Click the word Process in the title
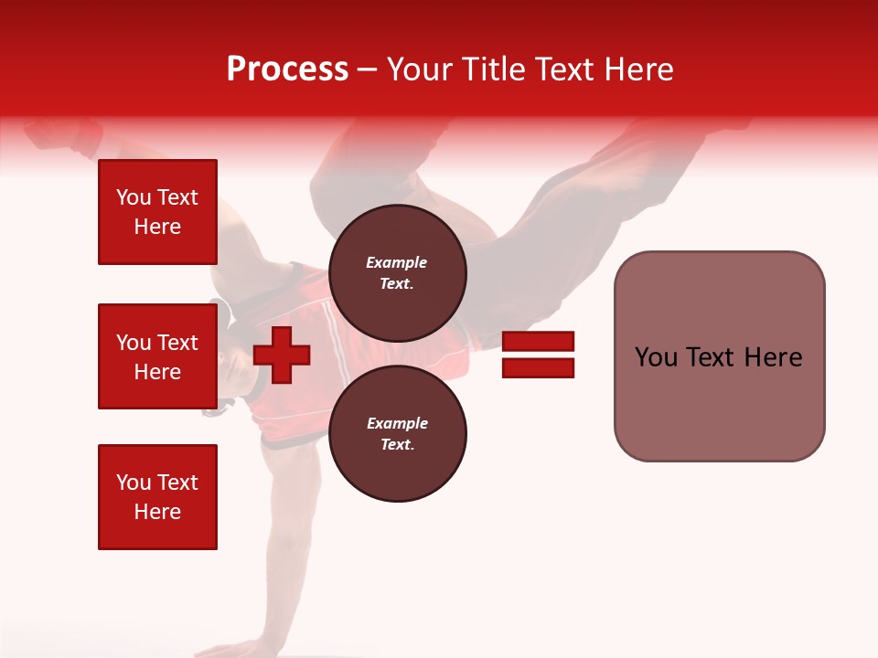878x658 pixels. pyautogui.click(x=287, y=69)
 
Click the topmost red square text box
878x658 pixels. pyautogui.click(x=157, y=212)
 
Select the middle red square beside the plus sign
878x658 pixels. pyautogui.click(x=157, y=356)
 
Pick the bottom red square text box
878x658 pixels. pyautogui.click(x=157, y=497)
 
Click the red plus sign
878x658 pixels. pyautogui.click(x=282, y=355)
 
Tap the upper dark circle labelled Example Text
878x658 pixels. pyautogui.click(x=397, y=272)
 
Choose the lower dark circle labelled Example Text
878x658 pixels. pyautogui.click(x=397, y=433)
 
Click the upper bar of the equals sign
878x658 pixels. pyautogui.click(x=538, y=341)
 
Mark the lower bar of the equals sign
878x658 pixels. pyautogui.click(x=538, y=368)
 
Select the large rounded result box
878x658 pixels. pyautogui.click(x=719, y=356)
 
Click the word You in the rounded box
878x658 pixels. pyautogui.click(x=657, y=357)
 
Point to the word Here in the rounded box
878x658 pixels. pyautogui.click(x=773, y=357)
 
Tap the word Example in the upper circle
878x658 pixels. pyautogui.click(x=397, y=262)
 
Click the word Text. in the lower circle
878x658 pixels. pyautogui.click(x=397, y=444)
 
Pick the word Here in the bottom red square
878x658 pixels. pyautogui.click(x=157, y=512)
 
